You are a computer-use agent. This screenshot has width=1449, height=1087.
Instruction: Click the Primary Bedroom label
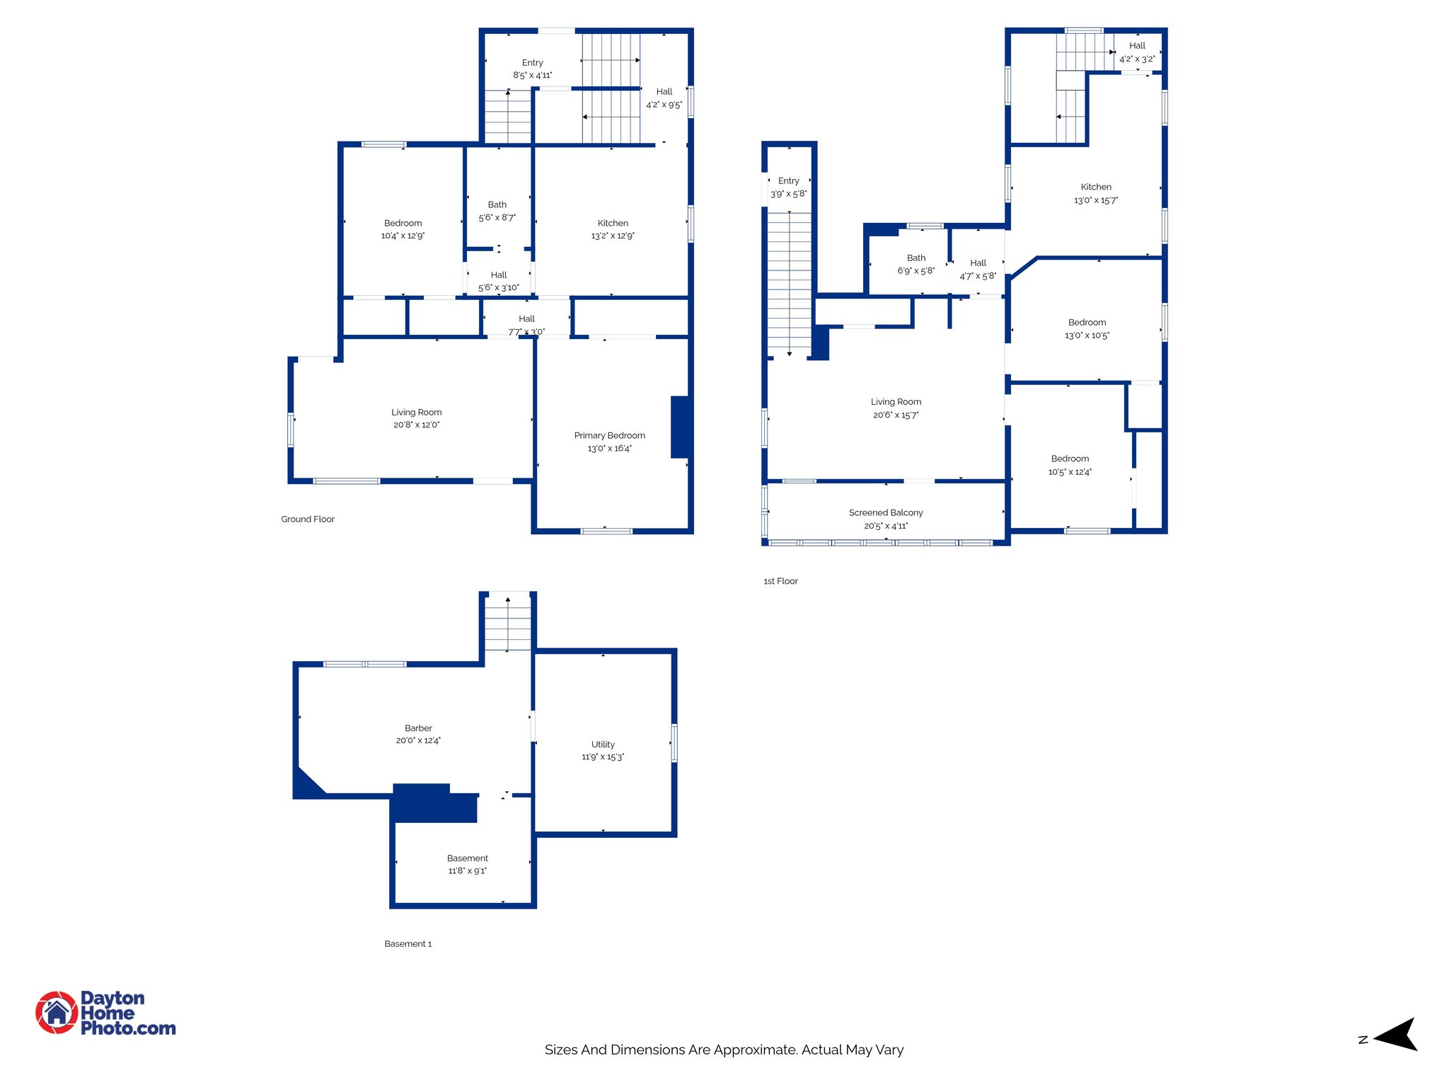pyautogui.click(x=609, y=435)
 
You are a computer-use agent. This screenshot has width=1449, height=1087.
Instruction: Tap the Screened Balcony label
pyautogui.click(x=885, y=512)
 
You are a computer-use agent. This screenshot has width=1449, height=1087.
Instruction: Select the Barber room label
pyautogui.click(x=418, y=727)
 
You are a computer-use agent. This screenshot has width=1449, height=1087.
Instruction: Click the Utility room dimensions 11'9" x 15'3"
pyautogui.click(x=603, y=757)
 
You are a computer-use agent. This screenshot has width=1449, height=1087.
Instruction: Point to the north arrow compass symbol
pyautogui.click(x=1395, y=1035)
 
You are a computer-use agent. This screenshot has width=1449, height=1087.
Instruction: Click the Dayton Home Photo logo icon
pyautogui.click(x=57, y=1013)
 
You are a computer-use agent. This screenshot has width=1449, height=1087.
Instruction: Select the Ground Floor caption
pyautogui.click(x=307, y=519)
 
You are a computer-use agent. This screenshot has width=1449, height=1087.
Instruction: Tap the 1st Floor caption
pyautogui.click(x=780, y=581)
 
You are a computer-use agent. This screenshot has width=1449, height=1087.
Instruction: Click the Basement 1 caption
pyautogui.click(x=408, y=943)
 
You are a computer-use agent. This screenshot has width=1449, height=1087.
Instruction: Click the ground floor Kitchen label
pyautogui.click(x=613, y=223)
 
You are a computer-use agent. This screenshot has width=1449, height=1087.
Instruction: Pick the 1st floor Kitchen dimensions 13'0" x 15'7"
pyautogui.click(x=1095, y=200)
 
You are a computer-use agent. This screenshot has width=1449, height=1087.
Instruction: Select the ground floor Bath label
pyautogui.click(x=497, y=205)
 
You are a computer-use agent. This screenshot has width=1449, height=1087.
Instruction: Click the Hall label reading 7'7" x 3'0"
pyautogui.click(x=526, y=331)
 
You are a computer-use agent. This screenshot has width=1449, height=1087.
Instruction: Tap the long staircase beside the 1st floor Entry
pyautogui.click(x=790, y=283)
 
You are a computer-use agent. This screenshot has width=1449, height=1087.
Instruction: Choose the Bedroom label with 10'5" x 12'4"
pyautogui.click(x=1069, y=459)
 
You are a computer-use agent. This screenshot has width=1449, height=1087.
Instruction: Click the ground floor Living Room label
pyautogui.click(x=416, y=412)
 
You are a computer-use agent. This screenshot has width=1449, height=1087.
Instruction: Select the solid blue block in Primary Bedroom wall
pyautogui.click(x=679, y=427)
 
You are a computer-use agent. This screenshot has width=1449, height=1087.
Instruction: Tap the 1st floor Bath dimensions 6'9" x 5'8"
pyautogui.click(x=916, y=271)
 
